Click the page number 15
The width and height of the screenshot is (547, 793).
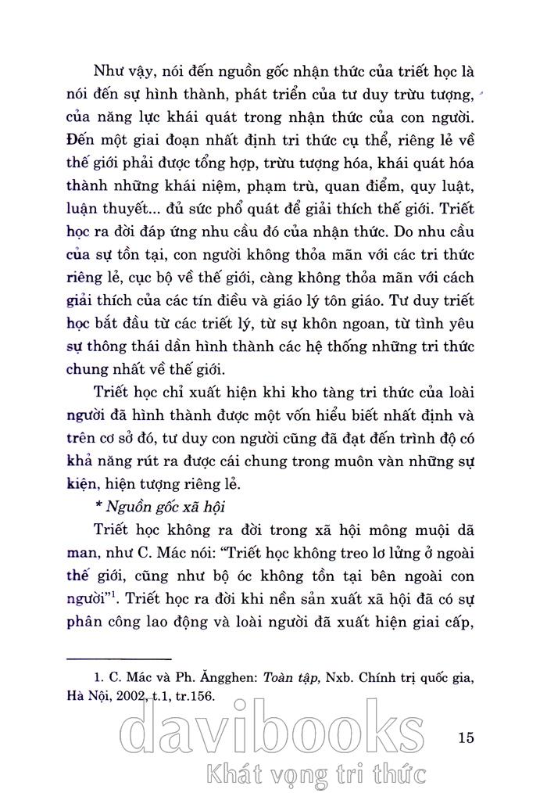pyautogui.click(x=467, y=737)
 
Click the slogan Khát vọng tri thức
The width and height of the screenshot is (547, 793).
pyautogui.click(x=313, y=775)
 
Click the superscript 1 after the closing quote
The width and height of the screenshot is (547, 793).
pyautogui.click(x=115, y=597)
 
